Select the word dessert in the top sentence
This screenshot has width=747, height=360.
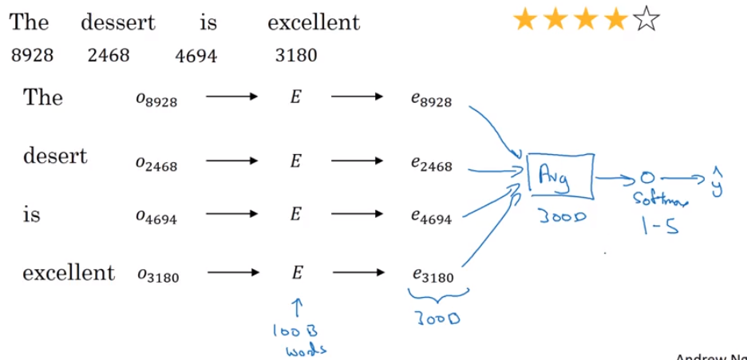click(x=118, y=22)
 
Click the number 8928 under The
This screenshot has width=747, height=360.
click(x=33, y=56)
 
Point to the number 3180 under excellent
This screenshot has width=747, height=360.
click(x=295, y=56)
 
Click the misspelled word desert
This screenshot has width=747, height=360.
click(x=55, y=156)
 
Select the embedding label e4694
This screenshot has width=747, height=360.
click(x=432, y=216)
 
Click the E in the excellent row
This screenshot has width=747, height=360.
click(x=296, y=274)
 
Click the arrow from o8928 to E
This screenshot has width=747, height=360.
click(x=231, y=98)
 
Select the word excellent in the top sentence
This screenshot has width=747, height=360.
click(x=314, y=22)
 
